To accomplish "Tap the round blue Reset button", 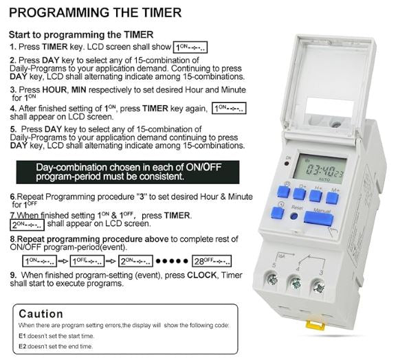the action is tap(294, 216).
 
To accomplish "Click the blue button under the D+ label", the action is tap(299, 194).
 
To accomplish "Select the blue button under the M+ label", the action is tap(332, 198).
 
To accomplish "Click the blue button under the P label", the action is tap(283, 192).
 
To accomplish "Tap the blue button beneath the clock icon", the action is tap(277, 212).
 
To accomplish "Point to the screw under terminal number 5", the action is tap(272, 279).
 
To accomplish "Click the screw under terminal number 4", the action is tap(296, 283).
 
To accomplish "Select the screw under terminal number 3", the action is tap(318, 287).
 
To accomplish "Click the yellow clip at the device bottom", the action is tap(315, 325).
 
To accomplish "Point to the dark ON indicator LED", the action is tap(287, 164).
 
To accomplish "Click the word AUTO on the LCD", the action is tap(324, 179).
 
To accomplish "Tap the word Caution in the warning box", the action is tap(41, 314).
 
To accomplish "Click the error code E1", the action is tap(22, 336).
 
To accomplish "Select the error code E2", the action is tap(22, 346).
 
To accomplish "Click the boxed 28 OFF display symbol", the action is tap(212, 261).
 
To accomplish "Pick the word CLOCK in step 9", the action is tap(202, 275).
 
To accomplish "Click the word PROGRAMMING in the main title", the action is tap(59, 12).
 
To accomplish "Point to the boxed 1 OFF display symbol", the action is tap(87, 261).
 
